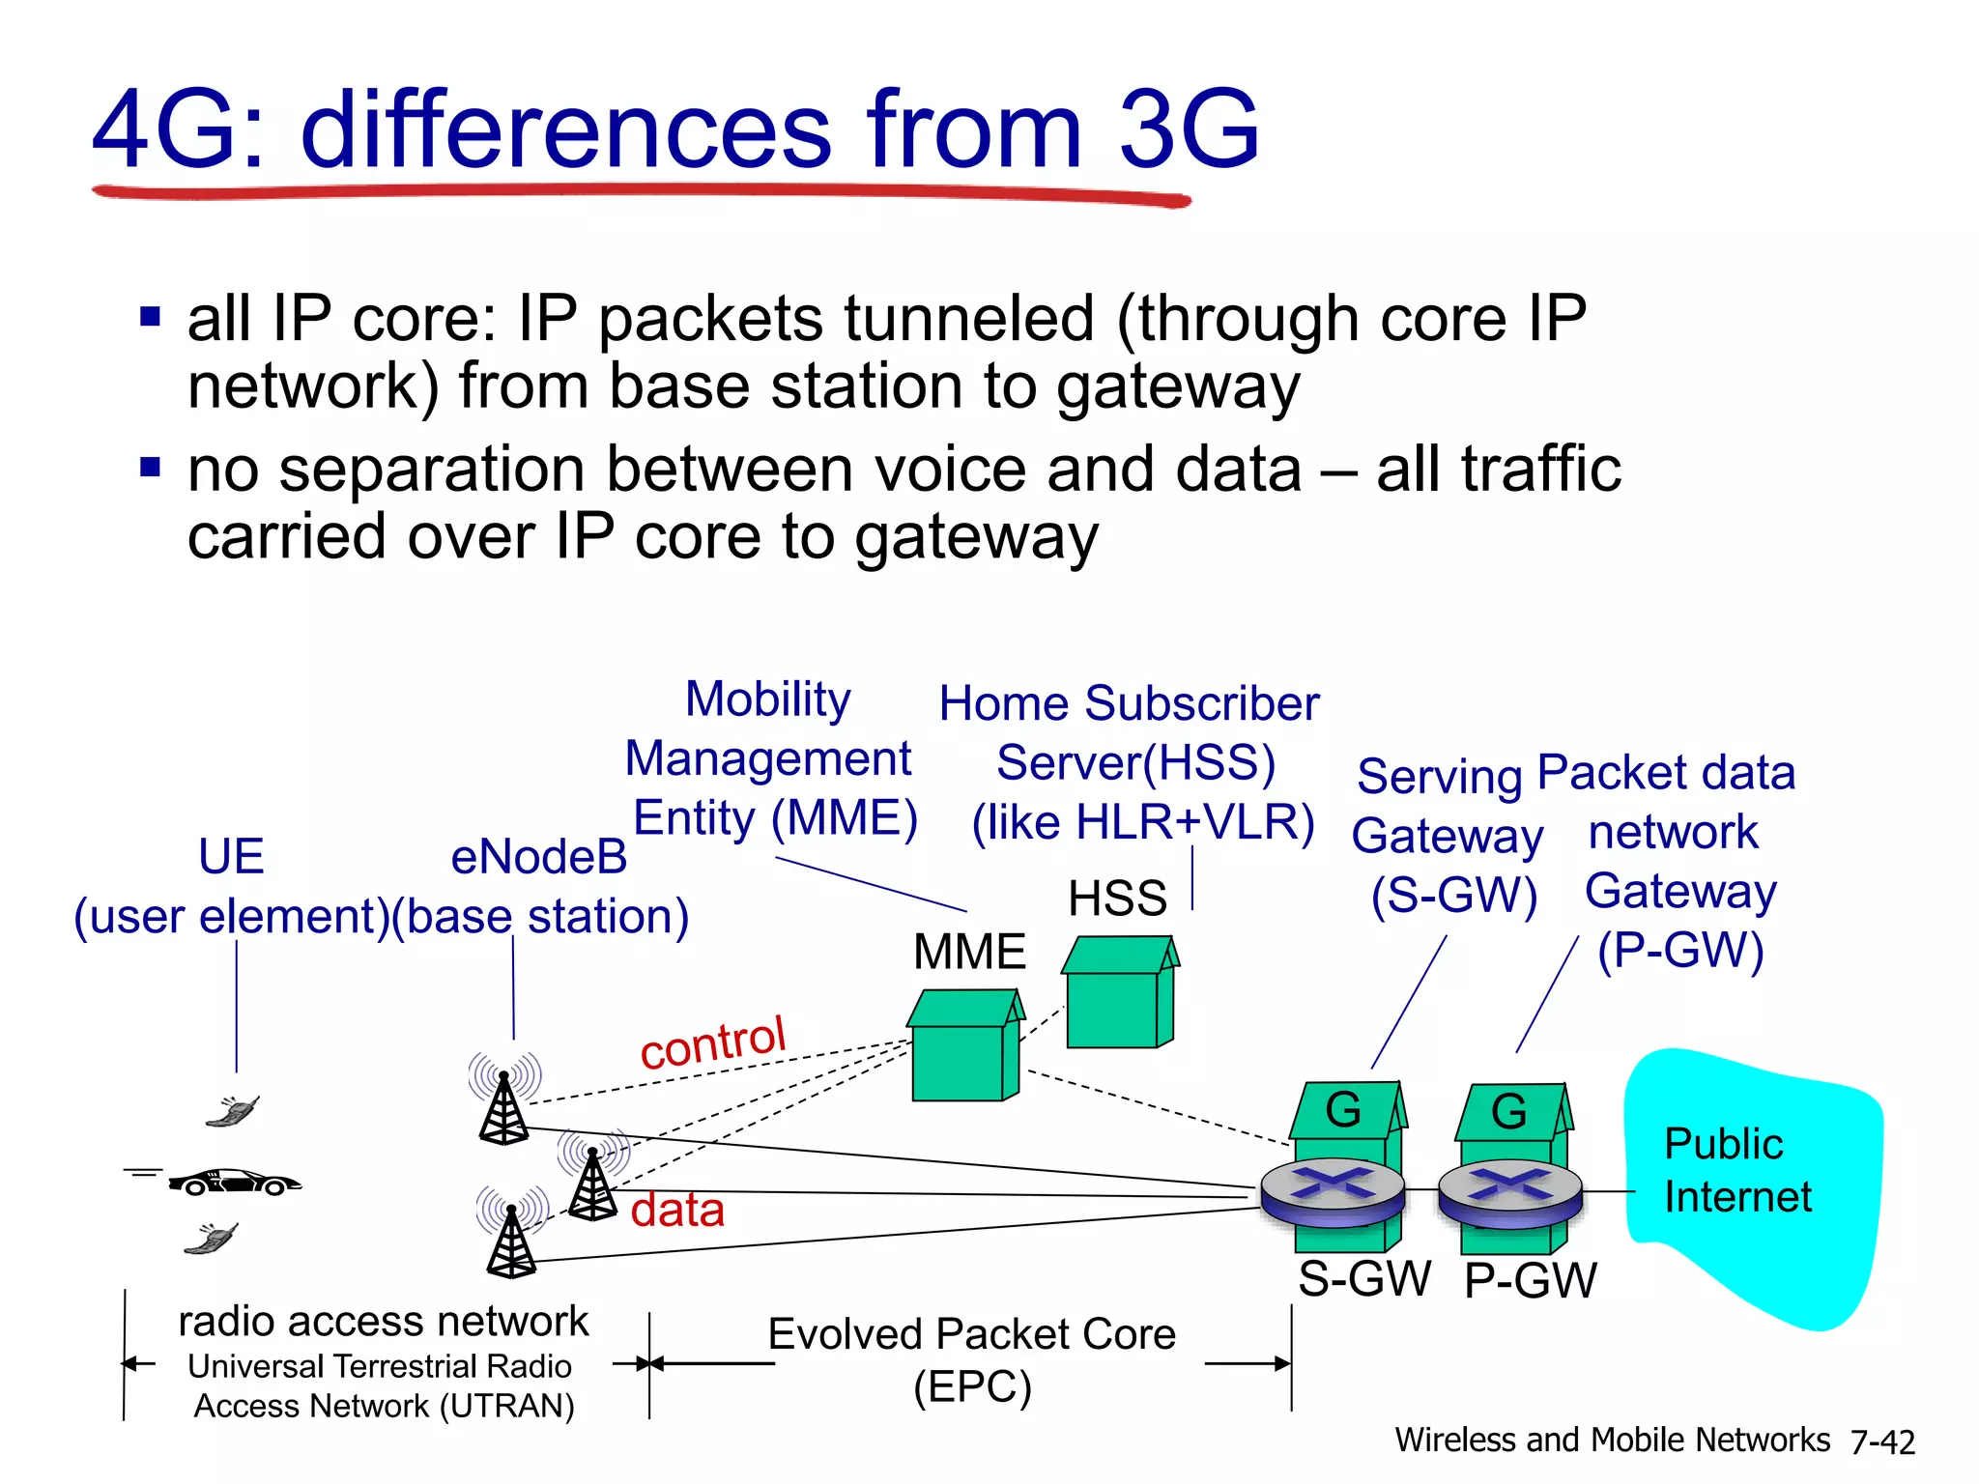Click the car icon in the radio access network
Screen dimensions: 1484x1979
tap(235, 1182)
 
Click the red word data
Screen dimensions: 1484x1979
tap(677, 1210)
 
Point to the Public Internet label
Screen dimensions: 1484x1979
tap(1736, 1170)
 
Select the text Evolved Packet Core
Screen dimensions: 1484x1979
tap(971, 1334)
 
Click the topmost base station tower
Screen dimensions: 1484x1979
tap(503, 1107)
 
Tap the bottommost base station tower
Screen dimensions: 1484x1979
tap(511, 1241)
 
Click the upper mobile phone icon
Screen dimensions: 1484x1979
tap(233, 1112)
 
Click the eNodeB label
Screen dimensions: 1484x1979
tap(538, 857)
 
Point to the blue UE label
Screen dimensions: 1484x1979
tap(231, 856)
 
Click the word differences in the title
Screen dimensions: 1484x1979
tap(565, 130)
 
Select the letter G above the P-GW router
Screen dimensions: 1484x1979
tap(1508, 1112)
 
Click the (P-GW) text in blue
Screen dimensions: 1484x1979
tap(1679, 951)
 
